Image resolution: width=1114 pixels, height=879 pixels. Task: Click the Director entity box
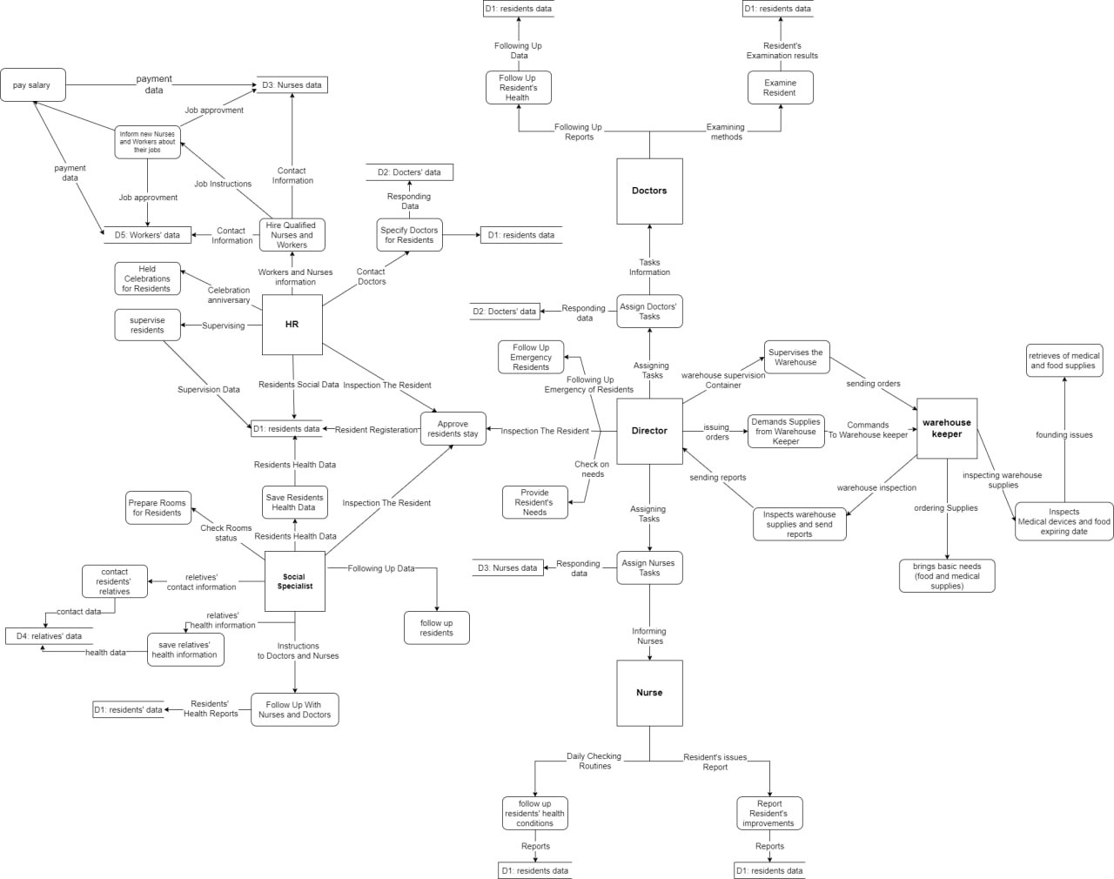tap(649, 431)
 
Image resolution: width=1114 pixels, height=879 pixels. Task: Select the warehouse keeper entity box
tap(947, 428)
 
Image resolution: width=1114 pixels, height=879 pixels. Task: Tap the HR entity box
tap(292, 325)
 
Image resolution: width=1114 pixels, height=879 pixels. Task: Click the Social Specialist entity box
tap(294, 581)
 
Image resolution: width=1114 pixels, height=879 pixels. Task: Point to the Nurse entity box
tap(649, 693)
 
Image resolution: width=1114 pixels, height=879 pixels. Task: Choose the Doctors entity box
tap(649, 191)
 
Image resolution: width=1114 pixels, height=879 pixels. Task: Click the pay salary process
tap(32, 85)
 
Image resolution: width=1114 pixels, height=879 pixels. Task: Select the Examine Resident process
tap(780, 88)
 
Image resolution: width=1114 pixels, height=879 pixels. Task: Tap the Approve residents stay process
tap(453, 429)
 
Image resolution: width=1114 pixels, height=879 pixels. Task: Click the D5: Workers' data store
tap(147, 235)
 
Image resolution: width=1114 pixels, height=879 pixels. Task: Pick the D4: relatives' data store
tap(50, 636)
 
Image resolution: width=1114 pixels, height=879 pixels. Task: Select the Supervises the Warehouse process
tap(796, 358)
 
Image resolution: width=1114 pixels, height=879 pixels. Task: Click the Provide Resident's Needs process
tap(534, 502)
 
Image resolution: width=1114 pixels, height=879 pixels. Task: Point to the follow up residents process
tap(436, 627)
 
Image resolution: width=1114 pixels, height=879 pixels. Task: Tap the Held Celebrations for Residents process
tap(147, 278)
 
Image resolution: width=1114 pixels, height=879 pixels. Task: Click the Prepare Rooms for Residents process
tap(158, 507)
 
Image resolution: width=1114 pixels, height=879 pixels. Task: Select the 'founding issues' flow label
tap(1064, 434)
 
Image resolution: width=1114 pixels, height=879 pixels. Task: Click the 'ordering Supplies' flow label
tap(945, 508)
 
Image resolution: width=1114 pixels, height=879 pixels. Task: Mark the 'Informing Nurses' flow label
tap(649, 636)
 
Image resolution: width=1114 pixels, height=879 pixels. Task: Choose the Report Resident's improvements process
tap(768, 814)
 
